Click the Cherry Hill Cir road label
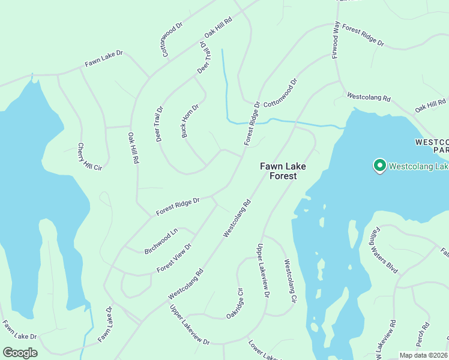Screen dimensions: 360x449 89,157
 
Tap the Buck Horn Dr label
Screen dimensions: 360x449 190,121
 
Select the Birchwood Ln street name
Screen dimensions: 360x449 161,241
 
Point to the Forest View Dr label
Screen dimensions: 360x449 174,258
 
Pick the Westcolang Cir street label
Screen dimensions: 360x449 291,280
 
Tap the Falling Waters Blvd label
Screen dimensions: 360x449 384,250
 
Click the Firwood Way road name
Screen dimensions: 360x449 336,40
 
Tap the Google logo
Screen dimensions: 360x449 20,353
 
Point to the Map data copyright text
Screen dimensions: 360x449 423,355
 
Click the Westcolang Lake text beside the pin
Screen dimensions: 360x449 418,166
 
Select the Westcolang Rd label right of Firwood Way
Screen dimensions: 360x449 369,96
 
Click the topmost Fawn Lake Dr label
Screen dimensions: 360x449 103,58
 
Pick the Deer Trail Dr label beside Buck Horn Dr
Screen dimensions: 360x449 159,124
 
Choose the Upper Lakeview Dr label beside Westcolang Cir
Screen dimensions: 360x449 262,268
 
